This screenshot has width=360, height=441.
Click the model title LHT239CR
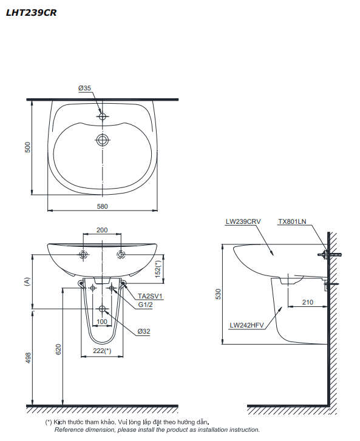tap(31, 12)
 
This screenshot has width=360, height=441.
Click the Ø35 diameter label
tap(84, 88)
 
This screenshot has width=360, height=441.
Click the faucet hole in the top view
tap(103, 115)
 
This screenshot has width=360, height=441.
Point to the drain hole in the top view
tap(103, 140)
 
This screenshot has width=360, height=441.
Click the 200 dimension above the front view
tap(102, 231)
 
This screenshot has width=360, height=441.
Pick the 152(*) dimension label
tap(159, 267)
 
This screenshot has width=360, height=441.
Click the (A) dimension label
tap(27, 281)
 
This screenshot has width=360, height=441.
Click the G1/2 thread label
tap(144, 305)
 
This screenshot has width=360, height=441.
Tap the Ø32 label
tap(144, 331)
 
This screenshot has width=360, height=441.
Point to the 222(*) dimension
tap(102, 351)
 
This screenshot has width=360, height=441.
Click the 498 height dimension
tap(27, 359)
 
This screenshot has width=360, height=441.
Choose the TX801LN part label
tap(293, 222)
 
